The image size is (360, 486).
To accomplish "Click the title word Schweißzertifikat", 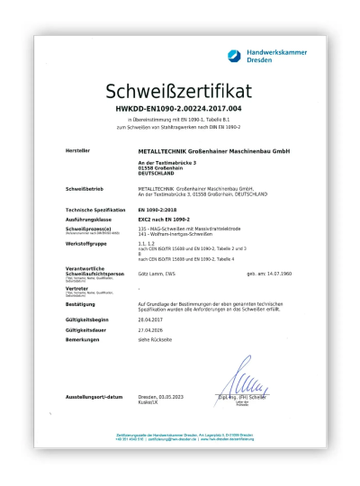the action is coord(180,92).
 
